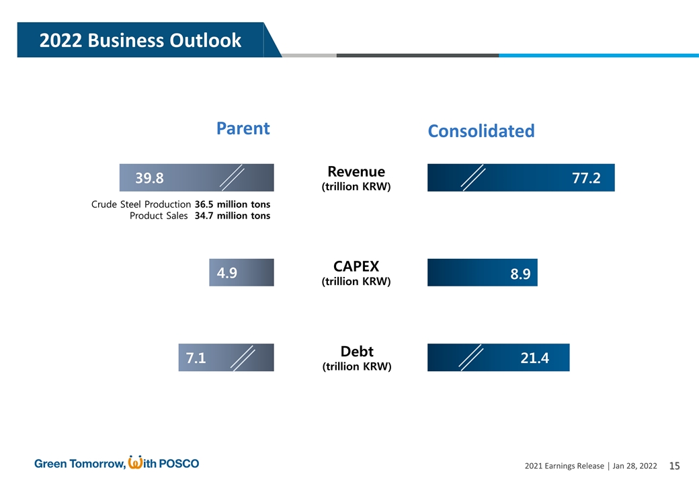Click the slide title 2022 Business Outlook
[140, 40]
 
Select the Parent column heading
[243, 128]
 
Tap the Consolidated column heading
[481, 131]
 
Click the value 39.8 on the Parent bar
[149, 178]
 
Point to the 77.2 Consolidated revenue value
[585, 178]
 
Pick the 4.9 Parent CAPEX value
[227, 272]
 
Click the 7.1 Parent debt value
[195, 358]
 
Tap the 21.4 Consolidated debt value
[534, 358]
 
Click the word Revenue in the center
[356, 171]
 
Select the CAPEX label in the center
[356, 267]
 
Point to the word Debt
[356, 352]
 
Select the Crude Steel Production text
[140, 204]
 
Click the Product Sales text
[158, 216]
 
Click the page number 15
[675, 466]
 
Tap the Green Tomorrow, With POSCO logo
[116, 463]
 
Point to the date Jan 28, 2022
[634, 467]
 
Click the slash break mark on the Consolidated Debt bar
[471, 358]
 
